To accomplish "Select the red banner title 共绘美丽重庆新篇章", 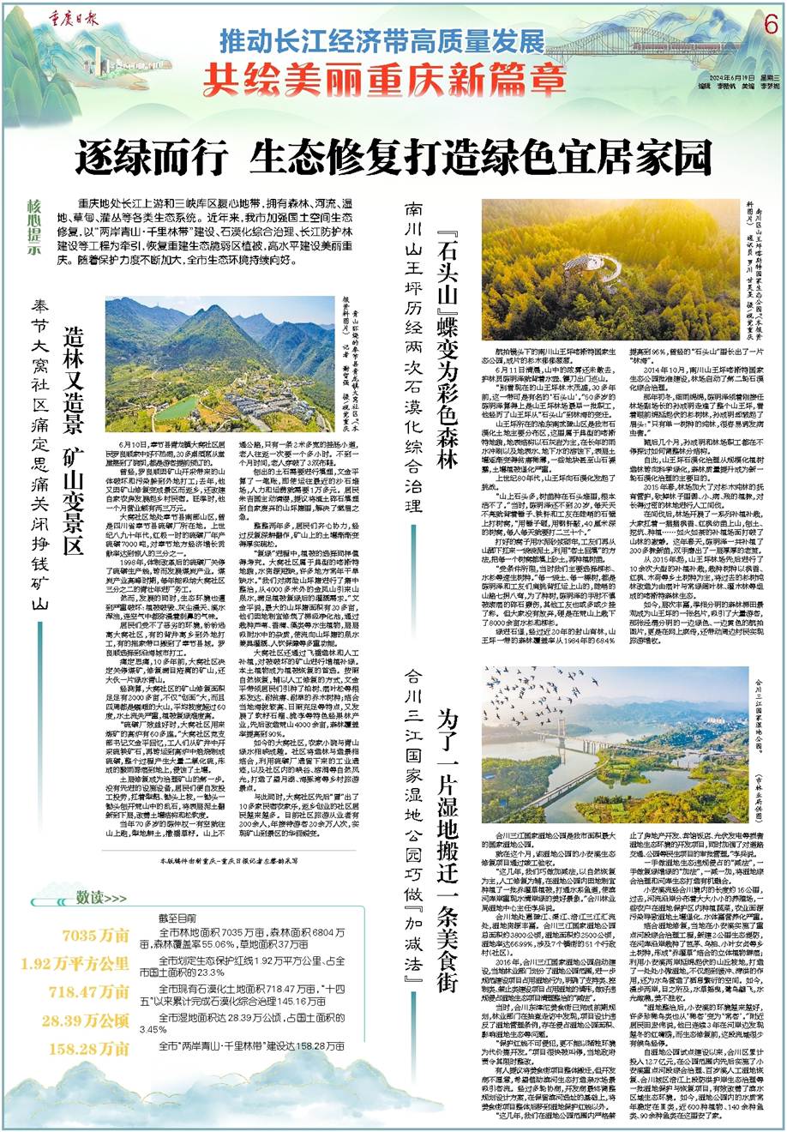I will (x=378, y=80).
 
